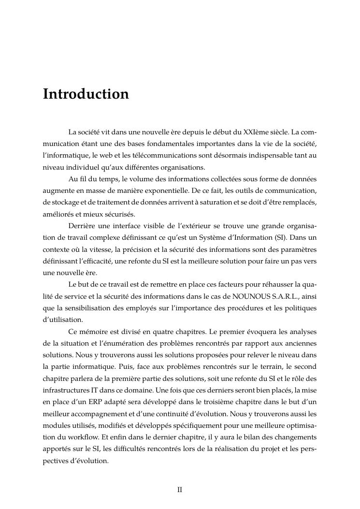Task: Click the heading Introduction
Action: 86,94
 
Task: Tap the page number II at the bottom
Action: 179,489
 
